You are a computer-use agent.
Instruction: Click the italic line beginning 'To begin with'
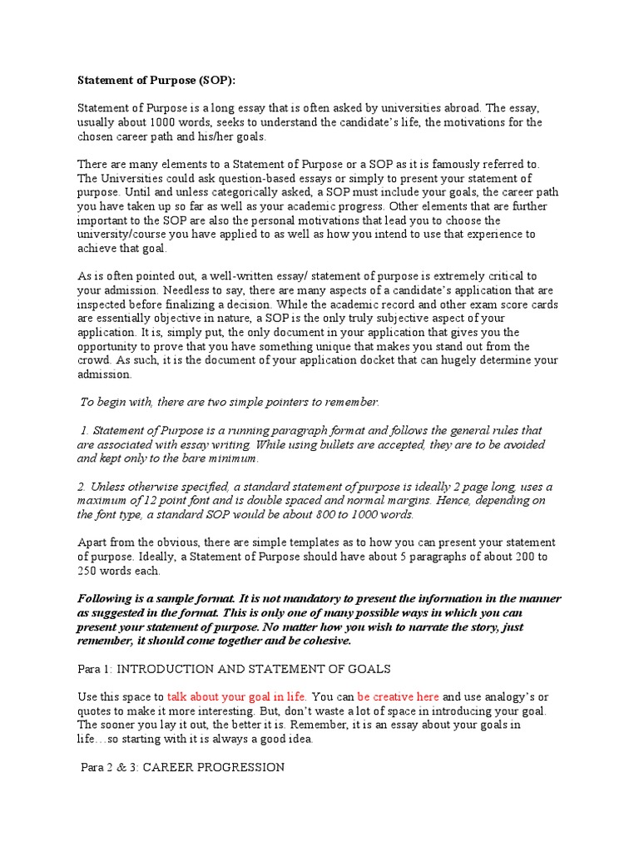(x=229, y=403)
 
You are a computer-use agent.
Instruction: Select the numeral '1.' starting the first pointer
(x=85, y=431)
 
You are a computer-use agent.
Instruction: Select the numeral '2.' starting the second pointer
(x=83, y=487)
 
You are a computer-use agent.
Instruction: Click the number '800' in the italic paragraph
(x=303, y=515)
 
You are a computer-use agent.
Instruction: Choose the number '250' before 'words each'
(x=88, y=571)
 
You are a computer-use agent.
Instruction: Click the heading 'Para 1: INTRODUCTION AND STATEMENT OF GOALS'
(x=234, y=669)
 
